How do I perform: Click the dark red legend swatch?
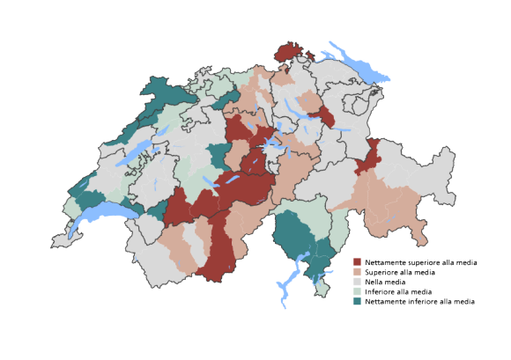coord(358,262)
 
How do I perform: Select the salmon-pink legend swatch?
coord(358,272)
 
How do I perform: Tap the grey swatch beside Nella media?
coord(358,282)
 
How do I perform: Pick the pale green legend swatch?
coord(358,291)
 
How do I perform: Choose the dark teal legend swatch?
coord(358,301)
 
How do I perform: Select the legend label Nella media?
coord(385,282)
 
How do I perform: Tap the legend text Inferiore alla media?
coord(397,291)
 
